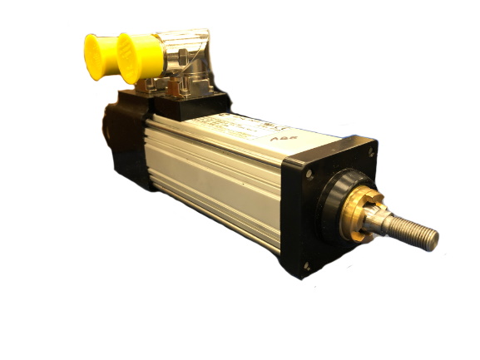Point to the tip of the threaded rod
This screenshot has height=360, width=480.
432,239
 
